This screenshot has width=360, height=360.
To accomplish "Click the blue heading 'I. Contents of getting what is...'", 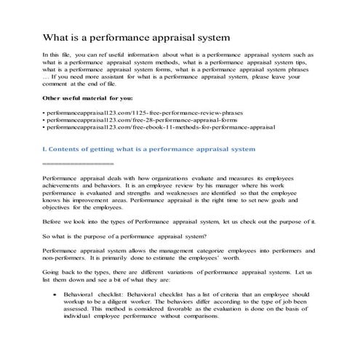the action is pos(149,148).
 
